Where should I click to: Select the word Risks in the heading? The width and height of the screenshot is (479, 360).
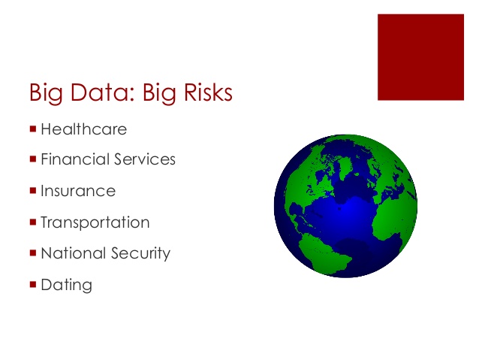pyautogui.click(x=208, y=92)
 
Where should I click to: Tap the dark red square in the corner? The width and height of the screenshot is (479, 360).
pyautogui.click(x=420, y=57)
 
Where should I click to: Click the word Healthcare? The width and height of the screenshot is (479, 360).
pyautogui.click(x=83, y=129)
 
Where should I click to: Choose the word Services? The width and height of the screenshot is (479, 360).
pyautogui.click(x=145, y=159)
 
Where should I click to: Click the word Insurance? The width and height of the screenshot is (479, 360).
pyautogui.click(x=78, y=191)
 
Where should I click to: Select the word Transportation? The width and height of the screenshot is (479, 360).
pyautogui.click(x=95, y=222)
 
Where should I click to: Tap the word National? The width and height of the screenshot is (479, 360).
pyautogui.click(x=73, y=253)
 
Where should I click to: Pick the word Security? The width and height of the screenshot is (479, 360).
pyautogui.click(x=140, y=253)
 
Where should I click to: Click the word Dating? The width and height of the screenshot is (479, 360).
pyautogui.click(x=66, y=285)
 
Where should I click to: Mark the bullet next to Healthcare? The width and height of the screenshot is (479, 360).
pyautogui.click(x=33, y=129)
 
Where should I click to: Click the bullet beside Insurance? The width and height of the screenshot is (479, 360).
pyautogui.click(x=33, y=190)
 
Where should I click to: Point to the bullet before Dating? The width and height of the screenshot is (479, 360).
pyautogui.click(x=33, y=284)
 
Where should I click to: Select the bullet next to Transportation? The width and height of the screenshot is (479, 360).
pyautogui.click(x=33, y=222)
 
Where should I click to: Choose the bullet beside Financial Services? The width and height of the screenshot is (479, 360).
pyautogui.click(x=33, y=159)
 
